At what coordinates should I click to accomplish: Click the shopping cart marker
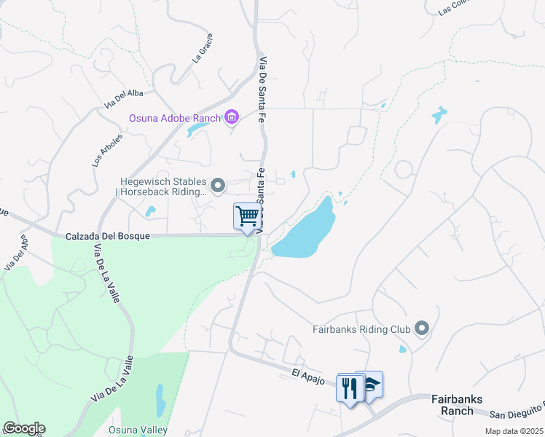pyautogui.click(x=248, y=216)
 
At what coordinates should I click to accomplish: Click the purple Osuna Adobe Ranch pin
pyautogui.click(x=232, y=117)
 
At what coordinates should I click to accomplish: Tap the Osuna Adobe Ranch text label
pyautogui.click(x=176, y=118)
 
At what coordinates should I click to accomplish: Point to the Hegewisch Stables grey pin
pyautogui.click(x=218, y=183)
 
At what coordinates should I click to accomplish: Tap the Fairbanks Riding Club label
pyautogui.click(x=361, y=329)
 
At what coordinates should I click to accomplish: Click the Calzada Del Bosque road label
pyautogui.click(x=107, y=237)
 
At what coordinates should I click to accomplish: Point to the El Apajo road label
pyautogui.click(x=307, y=373)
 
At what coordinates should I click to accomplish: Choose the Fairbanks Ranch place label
pyautogui.click(x=457, y=404)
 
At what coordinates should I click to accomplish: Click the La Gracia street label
pyautogui.click(x=203, y=49)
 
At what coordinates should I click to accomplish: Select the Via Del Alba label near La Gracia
pyautogui.click(x=125, y=96)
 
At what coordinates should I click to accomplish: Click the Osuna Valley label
pyautogui.click(x=138, y=430)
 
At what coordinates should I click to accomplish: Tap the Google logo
pyautogui.click(x=24, y=428)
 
